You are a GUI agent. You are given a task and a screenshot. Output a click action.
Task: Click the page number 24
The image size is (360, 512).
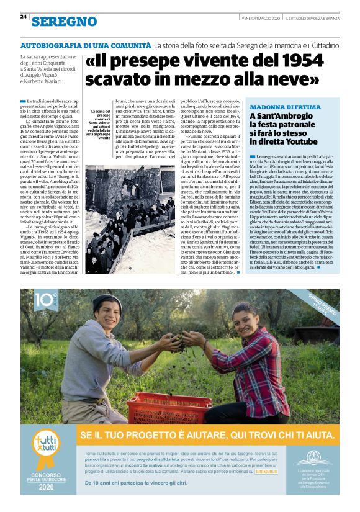pyautogui.click(x=23, y=17)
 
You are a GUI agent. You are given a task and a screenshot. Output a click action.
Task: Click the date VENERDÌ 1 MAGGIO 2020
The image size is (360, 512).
pyautogui.click(x=263, y=18)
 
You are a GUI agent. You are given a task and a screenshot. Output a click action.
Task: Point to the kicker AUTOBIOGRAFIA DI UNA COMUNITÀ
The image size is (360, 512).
pyautogui.click(x=86, y=46)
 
